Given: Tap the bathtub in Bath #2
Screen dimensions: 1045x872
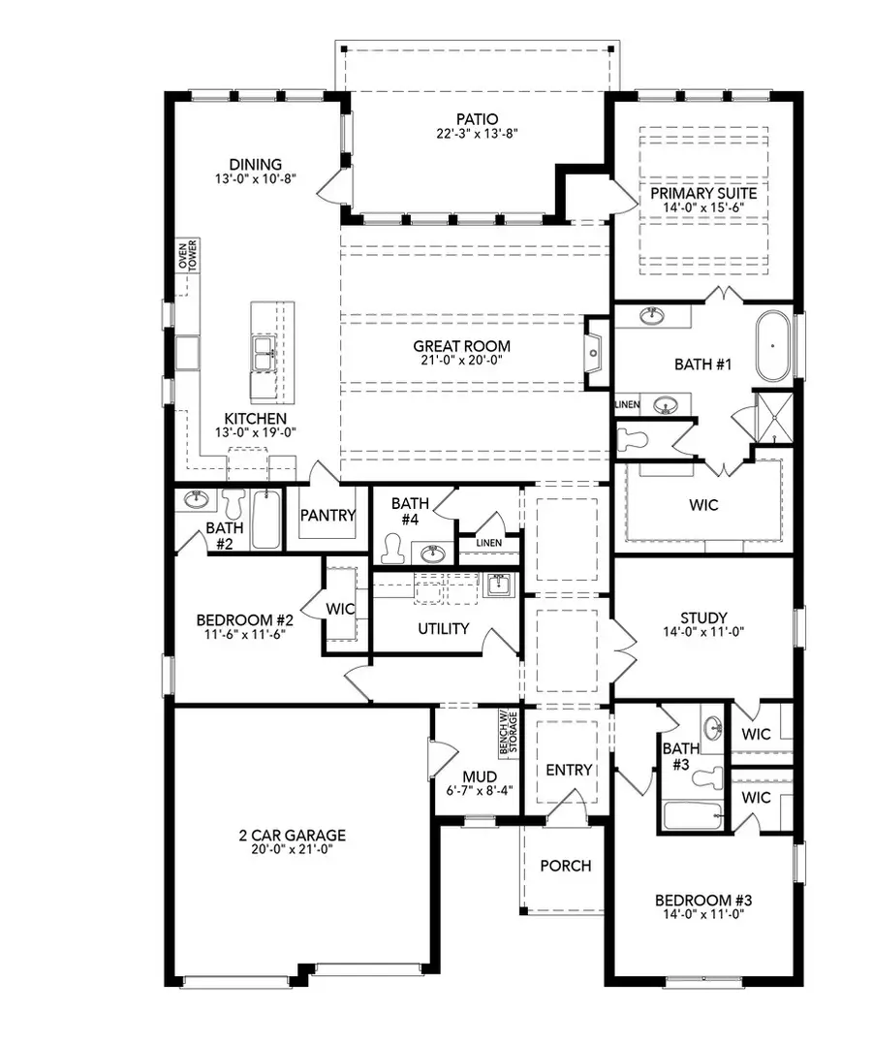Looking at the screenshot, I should (265, 520).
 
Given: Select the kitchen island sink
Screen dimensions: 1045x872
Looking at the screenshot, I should (263, 354).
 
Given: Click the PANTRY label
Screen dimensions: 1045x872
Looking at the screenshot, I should (327, 516).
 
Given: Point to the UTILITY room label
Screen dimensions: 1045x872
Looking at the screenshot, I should (444, 628).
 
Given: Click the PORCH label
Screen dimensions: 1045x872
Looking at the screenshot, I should (565, 865).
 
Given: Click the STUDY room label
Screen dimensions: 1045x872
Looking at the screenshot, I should (704, 617).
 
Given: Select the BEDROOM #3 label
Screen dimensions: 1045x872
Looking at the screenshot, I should (704, 900).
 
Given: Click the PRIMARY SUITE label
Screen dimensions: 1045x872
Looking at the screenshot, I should (704, 193).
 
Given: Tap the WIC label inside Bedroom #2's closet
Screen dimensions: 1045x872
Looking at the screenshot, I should (341, 609).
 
